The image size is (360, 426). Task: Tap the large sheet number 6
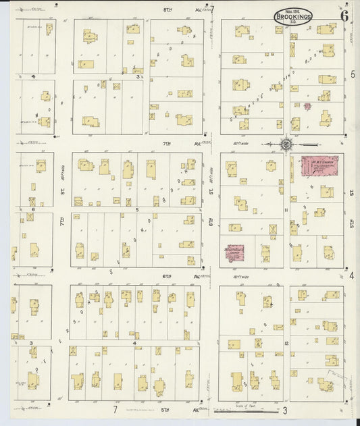pos(344,17)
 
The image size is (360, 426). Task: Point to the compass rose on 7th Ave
pos(286,144)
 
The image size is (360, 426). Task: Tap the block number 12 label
pos(286,344)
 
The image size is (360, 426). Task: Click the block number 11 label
pos(286,210)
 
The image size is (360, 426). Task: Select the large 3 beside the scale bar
pos(286,410)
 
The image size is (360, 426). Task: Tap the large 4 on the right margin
pos(352,276)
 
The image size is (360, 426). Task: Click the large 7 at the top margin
pos(211,9)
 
